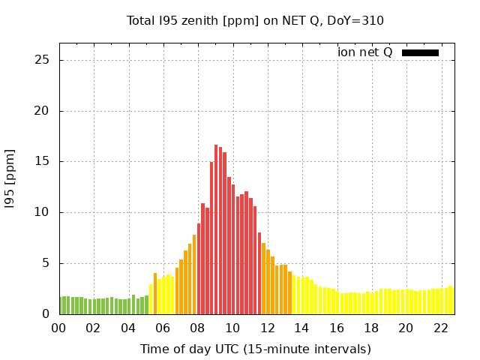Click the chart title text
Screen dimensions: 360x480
pos(255,20)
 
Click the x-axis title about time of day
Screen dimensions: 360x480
pos(255,349)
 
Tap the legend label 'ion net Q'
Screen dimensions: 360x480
pos(365,52)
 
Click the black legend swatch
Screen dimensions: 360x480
pos(420,52)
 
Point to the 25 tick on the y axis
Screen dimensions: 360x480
pos(43,60)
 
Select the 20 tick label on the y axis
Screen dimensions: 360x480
pos(43,111)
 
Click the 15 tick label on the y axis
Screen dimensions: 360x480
pos(43,161)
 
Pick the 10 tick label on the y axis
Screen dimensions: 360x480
pos(43,212)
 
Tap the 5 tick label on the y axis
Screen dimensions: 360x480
pos(46,263)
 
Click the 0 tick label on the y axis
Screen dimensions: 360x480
pos(46,314)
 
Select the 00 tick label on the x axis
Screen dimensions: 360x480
pos(58,328)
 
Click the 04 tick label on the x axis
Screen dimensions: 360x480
pos(127,328)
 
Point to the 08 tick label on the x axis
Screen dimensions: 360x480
pos(197,328)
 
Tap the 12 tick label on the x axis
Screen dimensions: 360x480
pos(267,328)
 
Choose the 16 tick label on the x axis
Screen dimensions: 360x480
pos(336,328)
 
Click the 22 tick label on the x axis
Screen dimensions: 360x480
pos(440,328)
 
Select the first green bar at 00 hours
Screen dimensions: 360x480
pos(61,306)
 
